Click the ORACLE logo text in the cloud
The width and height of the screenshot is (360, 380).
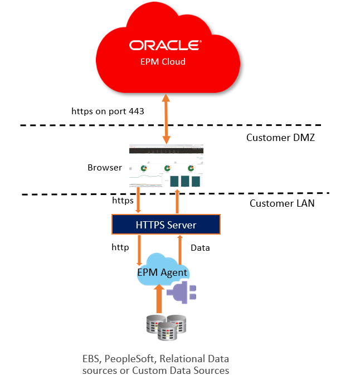pos(166,45)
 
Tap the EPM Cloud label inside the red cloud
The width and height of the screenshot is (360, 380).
pos(163,61)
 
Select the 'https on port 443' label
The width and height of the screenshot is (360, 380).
pos(108,111)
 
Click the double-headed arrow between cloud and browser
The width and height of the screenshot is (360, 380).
pos(166,119)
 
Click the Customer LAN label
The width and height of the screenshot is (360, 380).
pos(281,203)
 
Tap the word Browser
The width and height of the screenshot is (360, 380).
pos(105,167)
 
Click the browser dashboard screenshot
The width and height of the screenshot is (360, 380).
pos(167,167)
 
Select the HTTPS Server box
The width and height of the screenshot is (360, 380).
pos(166,225)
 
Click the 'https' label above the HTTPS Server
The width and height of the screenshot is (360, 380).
pos(123,199)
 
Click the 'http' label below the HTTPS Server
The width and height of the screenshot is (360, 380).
pos(120,247)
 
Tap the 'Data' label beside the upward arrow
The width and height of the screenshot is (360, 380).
pos(200,247)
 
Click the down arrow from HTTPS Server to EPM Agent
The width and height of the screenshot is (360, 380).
pos(138,250)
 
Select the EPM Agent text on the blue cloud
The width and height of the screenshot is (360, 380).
pos(162,272)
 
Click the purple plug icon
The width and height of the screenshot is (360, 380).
pos(183,292)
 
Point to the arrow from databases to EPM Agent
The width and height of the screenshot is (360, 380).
pos(159,298)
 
